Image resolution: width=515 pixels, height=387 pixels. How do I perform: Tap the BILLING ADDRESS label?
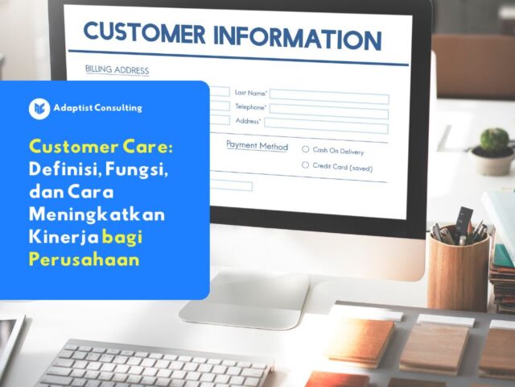(x=117, y=70)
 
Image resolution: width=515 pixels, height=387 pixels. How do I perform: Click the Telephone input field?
(x=328, y=110)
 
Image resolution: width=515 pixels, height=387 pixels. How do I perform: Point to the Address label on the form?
(x=247, y=121)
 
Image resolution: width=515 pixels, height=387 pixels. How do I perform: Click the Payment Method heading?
(x=257, y=146)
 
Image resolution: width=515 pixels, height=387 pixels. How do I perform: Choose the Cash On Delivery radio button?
(x=306, y=150)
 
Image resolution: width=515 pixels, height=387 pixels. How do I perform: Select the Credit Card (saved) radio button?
(x=306, y=165)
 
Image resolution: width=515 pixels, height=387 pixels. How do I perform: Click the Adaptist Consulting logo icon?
(x=39, y=108)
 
